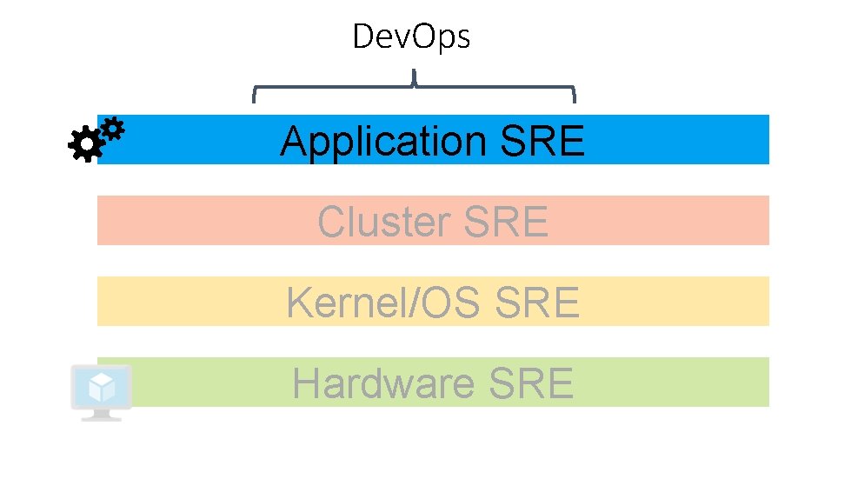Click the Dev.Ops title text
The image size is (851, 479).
pyautogui.click(x=411, y=37)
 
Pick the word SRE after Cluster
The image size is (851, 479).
pyautogui.click(x=507, y=222)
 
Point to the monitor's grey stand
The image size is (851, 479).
pyautogui.click(x=101, y=416)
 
